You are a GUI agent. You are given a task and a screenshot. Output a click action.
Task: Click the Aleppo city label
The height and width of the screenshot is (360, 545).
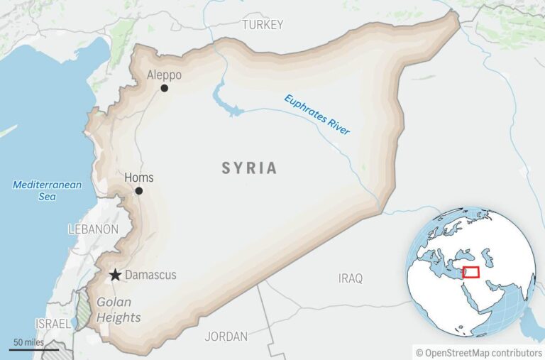[x=164, y=75]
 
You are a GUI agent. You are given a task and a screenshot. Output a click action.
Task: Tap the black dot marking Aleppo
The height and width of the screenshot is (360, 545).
[x=165, y=88]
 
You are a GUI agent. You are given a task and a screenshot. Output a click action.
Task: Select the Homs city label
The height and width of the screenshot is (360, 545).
[x=138, y=178]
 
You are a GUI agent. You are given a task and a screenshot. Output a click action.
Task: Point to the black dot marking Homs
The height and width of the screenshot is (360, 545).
[x=139, y=191]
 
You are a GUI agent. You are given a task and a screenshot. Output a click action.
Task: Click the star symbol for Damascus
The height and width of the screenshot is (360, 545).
[x=114, y=274]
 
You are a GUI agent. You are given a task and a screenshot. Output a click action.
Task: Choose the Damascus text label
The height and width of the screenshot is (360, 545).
[x=150, y=275]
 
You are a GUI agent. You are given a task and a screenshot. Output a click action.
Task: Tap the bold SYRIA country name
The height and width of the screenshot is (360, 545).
[x=249, y=168]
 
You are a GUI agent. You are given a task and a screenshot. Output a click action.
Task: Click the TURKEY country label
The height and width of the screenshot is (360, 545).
[x=262, y=25]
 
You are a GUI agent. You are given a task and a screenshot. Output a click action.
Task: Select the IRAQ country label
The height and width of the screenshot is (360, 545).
[x=350, y=278]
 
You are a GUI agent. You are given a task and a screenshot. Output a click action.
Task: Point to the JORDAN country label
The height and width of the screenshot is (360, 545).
[x=226, y=336]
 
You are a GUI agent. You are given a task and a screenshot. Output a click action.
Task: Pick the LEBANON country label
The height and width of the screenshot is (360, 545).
[x=93, y=229]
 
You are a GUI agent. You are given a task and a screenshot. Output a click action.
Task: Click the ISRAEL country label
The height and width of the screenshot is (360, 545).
[x=54, y=323]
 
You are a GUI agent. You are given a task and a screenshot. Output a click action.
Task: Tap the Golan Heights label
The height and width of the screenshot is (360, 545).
[x=119, y=309]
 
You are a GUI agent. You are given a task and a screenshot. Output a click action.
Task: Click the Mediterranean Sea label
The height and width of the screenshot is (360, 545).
[x=48, y=190]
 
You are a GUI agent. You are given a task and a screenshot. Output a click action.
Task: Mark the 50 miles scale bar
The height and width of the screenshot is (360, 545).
[x=34, y=347]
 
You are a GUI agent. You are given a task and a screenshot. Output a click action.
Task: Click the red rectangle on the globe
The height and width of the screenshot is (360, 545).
[x=470, y=273]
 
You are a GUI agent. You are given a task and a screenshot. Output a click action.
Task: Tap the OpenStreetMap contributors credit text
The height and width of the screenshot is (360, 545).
[x=478, y=352]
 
